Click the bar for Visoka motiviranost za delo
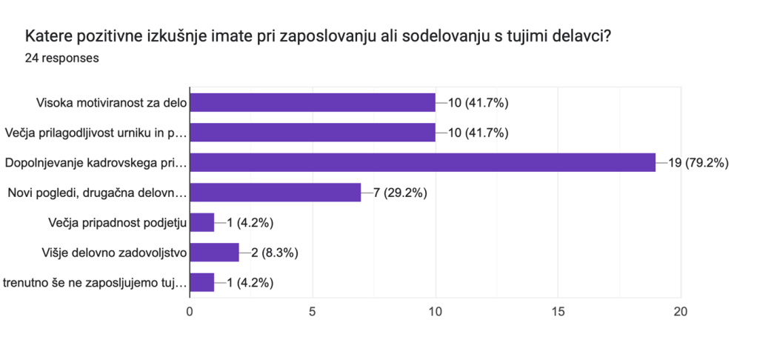(x=313, y=102)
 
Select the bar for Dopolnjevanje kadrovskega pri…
(x=422, y=162)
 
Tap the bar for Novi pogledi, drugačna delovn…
(x=276, y=193)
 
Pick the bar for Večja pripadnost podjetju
(x=202, y=222)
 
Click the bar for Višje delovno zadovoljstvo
(x=215, y=253)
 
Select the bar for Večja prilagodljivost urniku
(x=313, y=133)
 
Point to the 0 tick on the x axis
(x=190, y=312)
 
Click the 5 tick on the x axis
(x=313, y=312)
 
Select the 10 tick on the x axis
(x=436, y=312)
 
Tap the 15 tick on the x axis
(x=558, y=312)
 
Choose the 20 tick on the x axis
(x=680, y=312)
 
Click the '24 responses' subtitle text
(x=61, y=58)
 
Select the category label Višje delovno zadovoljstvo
(x=114, y=253)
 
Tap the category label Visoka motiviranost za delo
(x=111, y=102)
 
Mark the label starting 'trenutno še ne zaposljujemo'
(x=95, y=283)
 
